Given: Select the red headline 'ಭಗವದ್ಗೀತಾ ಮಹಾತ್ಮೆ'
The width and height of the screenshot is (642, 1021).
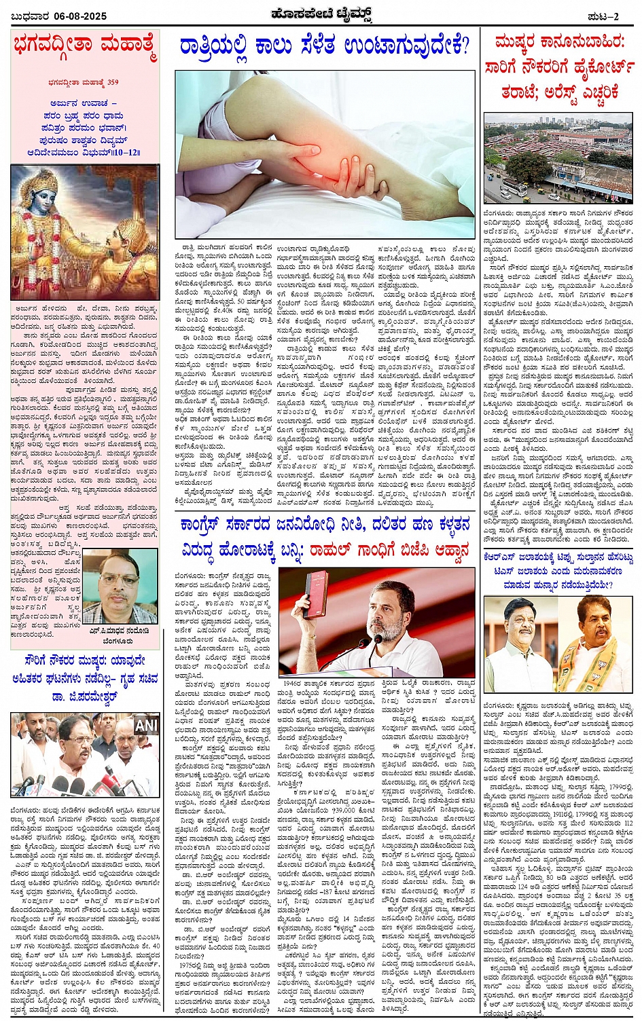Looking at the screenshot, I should pos(85,48).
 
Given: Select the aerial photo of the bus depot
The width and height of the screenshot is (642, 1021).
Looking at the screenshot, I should pos(559,157).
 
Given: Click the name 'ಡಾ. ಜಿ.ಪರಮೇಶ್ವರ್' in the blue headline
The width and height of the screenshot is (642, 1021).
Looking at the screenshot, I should pos(85,697).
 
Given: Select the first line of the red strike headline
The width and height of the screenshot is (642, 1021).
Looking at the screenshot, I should pos(559,45).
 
